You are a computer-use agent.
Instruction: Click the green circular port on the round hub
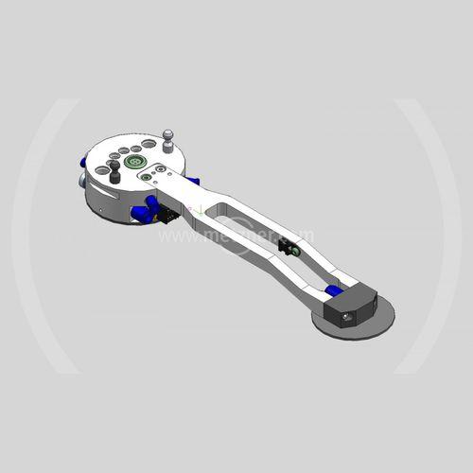point(132,163)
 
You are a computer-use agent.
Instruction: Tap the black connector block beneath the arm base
point(168,217)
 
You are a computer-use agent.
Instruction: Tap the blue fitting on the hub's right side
point(193,180)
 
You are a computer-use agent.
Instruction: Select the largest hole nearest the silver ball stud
point(149,145)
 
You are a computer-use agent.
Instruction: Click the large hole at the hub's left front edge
point(102,171)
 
